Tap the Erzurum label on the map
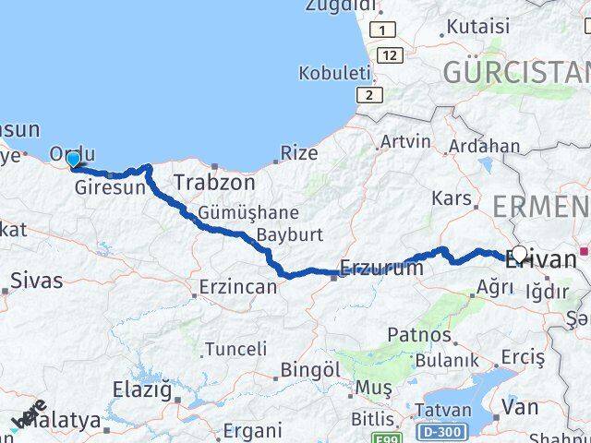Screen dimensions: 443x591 tap(381, 268)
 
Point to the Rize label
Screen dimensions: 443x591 tap(298, 153)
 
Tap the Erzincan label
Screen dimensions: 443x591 tap(239, 287)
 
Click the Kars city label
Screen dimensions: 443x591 tap(452, 198)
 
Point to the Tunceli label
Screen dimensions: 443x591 tap(235, 349)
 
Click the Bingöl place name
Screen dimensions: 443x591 tap(309, 369)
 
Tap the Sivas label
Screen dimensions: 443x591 tap(37, 280)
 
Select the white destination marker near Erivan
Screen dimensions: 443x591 tap(519, 253)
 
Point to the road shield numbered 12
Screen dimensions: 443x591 tap(390, 54)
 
